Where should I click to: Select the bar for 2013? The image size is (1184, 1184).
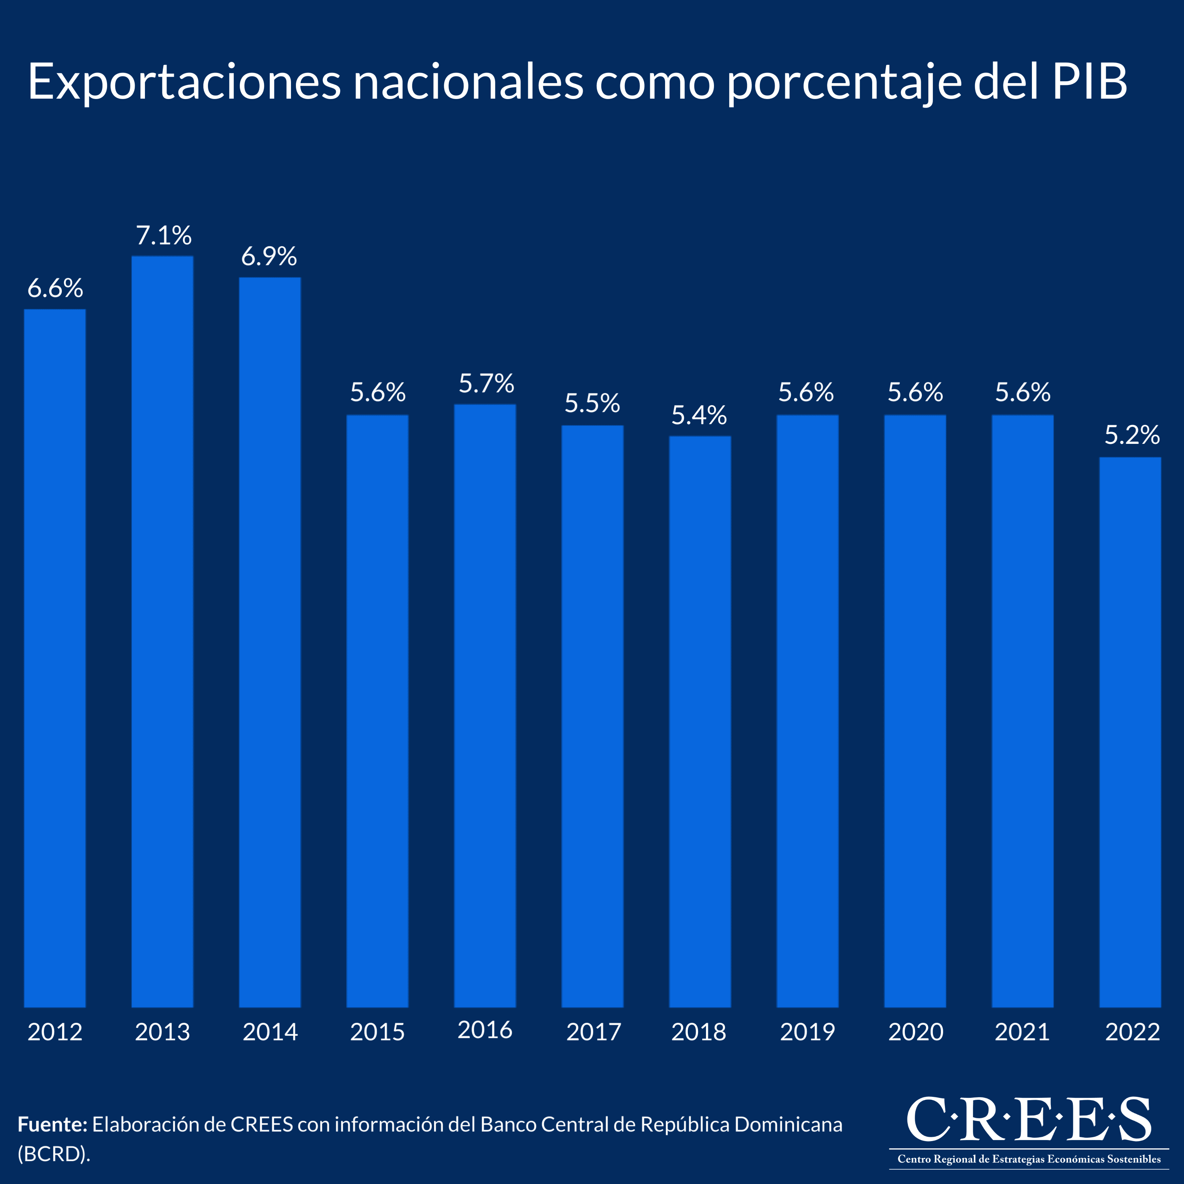(x=162, y=631)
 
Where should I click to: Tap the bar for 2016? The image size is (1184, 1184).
(x=485, y=705)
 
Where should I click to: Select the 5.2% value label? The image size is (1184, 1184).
(x=1132, y=435)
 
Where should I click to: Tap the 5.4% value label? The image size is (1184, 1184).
(x=699, y=415)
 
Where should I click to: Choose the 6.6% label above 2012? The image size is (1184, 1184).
(x=55, y=289)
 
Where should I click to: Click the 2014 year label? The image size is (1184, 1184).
(x=270, y=1032)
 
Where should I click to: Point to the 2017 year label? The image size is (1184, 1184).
(x=593, y=1032)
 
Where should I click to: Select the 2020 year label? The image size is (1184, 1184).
(x=915, y=1032)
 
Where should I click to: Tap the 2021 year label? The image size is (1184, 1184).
(x=1022, y=1032)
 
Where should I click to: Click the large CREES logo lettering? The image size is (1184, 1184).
(x=1028, y=1120)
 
